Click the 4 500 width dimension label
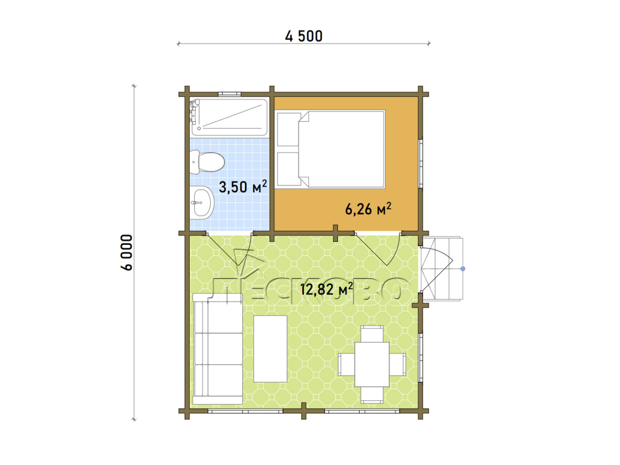[304, 36]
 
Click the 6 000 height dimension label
[127, 252]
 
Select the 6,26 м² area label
[368, 209]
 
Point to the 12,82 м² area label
[326, 289]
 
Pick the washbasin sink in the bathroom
[201, 202]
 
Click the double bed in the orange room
[331, 149]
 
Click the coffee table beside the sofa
[270, 349]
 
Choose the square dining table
[372, 364]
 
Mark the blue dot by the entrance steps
[463, 269]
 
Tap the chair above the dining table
[372, 334]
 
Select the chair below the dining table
[372, 395]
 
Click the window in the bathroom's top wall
[230, 94]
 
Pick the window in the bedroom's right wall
[420, 164]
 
